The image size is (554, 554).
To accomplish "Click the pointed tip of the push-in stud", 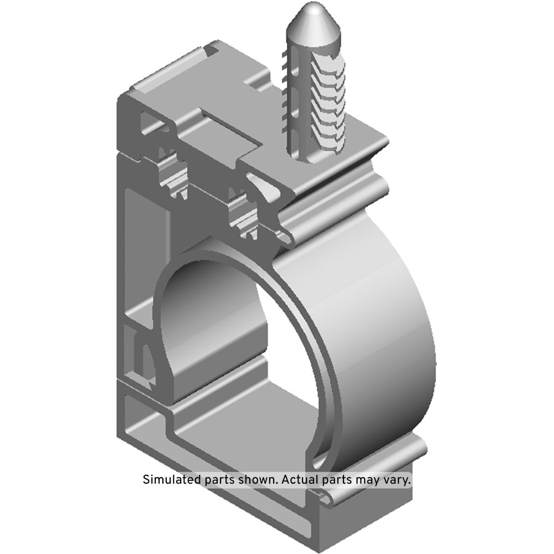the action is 310,8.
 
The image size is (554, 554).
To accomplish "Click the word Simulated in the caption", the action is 172,479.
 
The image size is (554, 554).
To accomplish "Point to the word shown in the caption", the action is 257,479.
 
